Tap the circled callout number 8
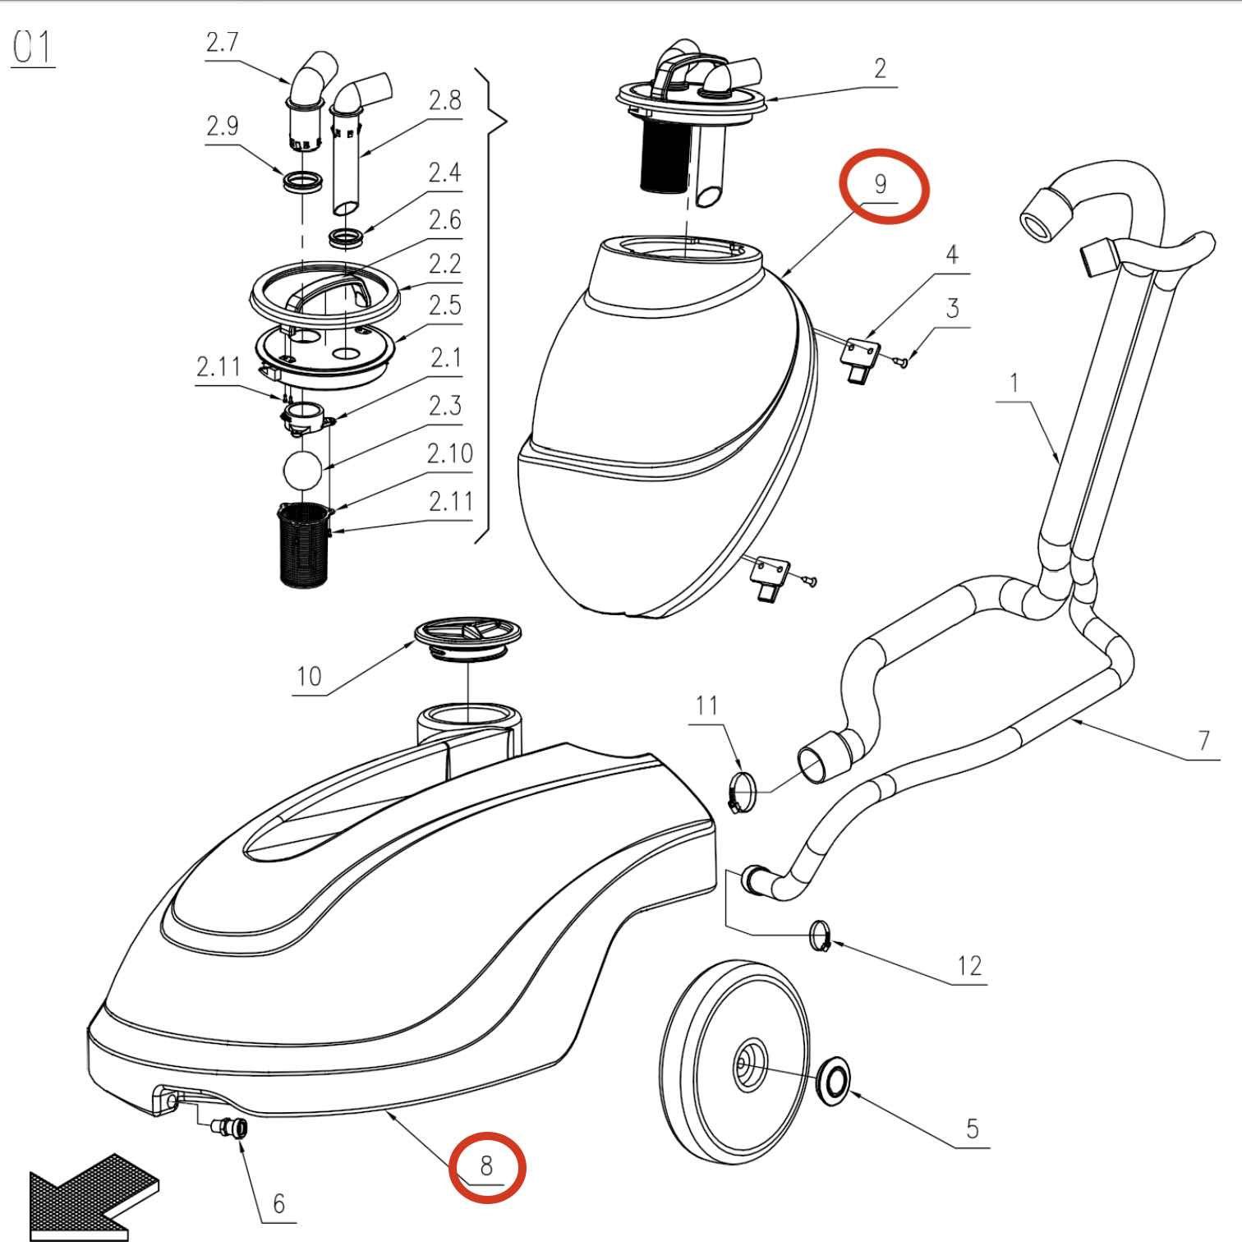click(x=486, y=1165)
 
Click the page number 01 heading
click(x=33, y=48)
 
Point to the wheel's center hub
click(x=748, y=1065)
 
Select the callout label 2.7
click(x=222, y=43)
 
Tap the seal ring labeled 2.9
click(x=303, y=182)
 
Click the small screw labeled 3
click(x=900, y=361)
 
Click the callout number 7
click(x=1203, y=740)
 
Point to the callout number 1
click(x=1014, y=383)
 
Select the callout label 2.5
click(x=444, y=306)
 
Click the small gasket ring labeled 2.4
click(x=347, y=239)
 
